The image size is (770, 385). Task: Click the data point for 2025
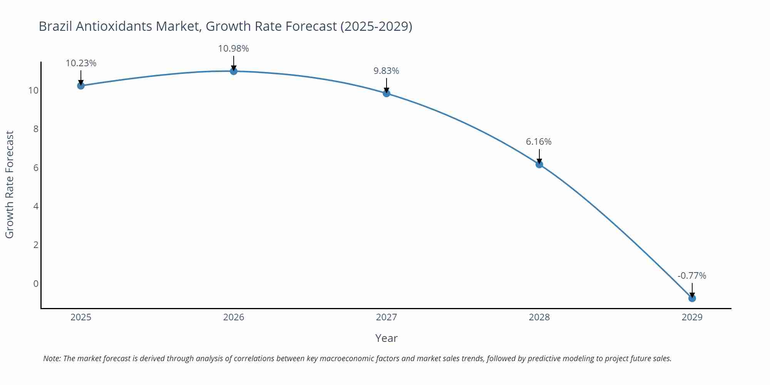[x=81, y=85]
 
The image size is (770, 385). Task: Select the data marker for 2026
[x=234, y=71]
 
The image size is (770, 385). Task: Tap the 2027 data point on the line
[x=387, y=93]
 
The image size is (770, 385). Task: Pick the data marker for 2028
[x=539, y=164]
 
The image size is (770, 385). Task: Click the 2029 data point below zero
[x=692, y=298]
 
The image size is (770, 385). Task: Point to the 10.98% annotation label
[x=233, y=49]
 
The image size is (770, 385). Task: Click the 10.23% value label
[x=81, y=63]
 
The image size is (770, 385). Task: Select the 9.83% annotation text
[x=386, y=71]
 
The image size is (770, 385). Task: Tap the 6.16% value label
[x=539, y=142]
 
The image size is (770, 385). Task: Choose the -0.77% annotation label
[x=692, y=276]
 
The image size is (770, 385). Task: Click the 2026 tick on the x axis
[x=234, y=317]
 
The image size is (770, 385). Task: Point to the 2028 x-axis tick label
[x=539, y=317]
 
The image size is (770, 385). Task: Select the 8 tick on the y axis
[x=36, y=129]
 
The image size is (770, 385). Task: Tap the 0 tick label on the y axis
[x=36, y=284]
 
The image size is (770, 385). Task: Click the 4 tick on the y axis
[x=36, y=206]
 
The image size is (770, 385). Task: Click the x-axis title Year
[x=386, y=338]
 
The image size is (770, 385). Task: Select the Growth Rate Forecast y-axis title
[x=9, y=184]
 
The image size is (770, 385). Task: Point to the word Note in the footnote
[x=52, y=358]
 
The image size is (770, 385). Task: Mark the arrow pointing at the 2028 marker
[x=539, y=156]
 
